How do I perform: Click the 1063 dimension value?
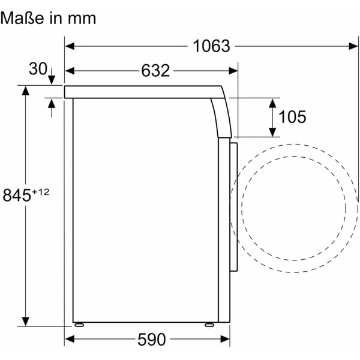click(211, 46)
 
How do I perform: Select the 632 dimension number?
click(155, 71)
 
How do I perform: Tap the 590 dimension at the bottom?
click(152, 340)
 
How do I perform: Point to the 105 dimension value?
click(292, 117)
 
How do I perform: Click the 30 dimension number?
click(38, 68)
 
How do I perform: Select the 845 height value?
click(17, 195)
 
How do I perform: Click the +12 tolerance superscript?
click(41, 192)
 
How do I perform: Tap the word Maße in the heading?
click(22, 18)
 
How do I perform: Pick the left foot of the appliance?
click(79, 325)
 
